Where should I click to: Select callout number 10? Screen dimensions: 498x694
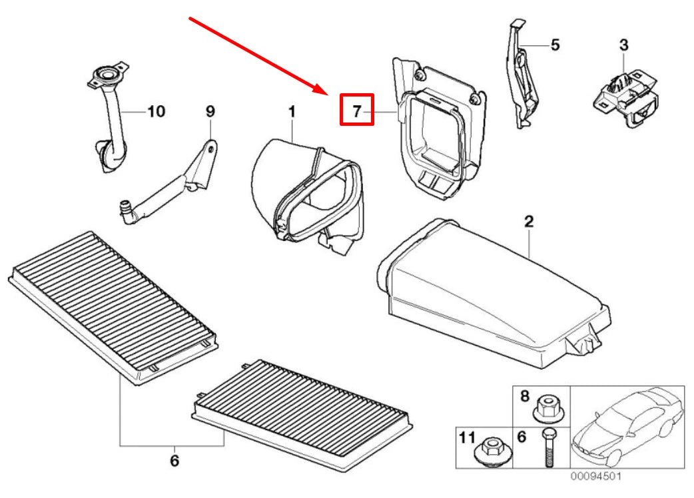(155, 111)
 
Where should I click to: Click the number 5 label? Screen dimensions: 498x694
(554, 45)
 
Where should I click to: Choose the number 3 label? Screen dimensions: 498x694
(623, 45)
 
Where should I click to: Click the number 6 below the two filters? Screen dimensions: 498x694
(174, 460)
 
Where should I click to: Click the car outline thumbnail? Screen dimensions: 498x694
(627, 426)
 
